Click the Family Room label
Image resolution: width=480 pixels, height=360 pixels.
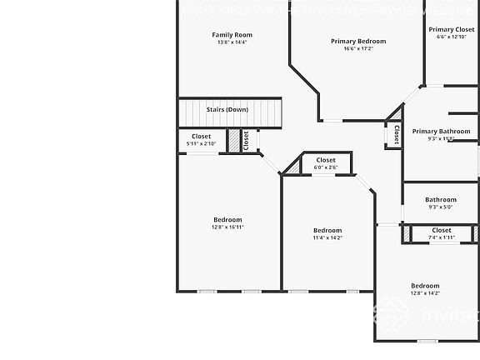pos(232,35)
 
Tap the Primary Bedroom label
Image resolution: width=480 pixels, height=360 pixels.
pos(358,41)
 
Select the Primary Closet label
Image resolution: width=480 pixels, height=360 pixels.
pos(452,29)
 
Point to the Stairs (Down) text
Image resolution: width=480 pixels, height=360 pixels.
pos(227,109)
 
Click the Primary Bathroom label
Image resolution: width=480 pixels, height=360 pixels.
pos(441,131)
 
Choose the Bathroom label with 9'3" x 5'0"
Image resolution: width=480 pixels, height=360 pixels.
pos(441,199)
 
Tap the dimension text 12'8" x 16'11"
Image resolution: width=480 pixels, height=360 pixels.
pos(227,227)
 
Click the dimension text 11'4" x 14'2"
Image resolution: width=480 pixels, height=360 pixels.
pos(327,237)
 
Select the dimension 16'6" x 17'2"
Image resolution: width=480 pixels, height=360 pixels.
pos(358,48)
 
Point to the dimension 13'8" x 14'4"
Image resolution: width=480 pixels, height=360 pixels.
pos(232,42)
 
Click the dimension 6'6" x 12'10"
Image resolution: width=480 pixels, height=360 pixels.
pos(452,37)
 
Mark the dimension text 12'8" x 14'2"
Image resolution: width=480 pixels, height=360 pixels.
pos(425,292)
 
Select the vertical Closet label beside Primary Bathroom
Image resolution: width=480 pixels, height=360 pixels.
pos(397,135)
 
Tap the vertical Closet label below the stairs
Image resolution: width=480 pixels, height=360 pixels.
pos(246,140)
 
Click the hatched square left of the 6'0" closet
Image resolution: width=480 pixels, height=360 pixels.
pos(292,167)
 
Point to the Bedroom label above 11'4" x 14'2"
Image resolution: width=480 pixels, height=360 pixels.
pos(327,230)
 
